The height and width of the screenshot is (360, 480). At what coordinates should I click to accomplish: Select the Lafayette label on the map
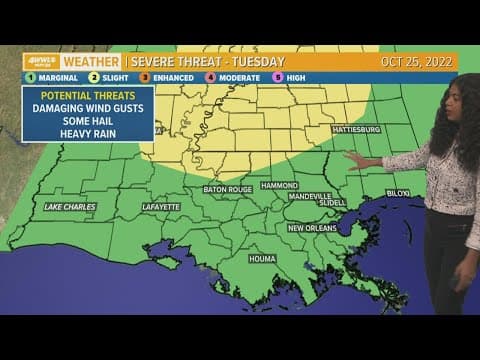tap(160, 207)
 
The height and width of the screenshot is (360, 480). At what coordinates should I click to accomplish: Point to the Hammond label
tap(280, 185)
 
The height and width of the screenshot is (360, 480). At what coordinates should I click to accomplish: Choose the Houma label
tap(262, 259)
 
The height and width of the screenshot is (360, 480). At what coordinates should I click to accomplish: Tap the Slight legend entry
tap(103, 78)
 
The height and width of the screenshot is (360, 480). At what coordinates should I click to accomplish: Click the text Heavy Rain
tap(88, 133)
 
